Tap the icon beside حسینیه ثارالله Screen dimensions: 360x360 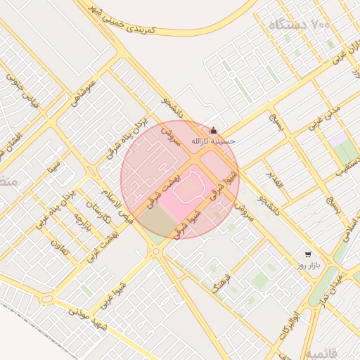pos(214,131)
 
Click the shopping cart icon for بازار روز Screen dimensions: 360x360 pos(307,255)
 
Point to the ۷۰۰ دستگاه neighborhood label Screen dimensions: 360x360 pos(299,26)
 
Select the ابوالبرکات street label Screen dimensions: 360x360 pos(288,324)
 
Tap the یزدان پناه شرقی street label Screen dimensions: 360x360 pos(127,137)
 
